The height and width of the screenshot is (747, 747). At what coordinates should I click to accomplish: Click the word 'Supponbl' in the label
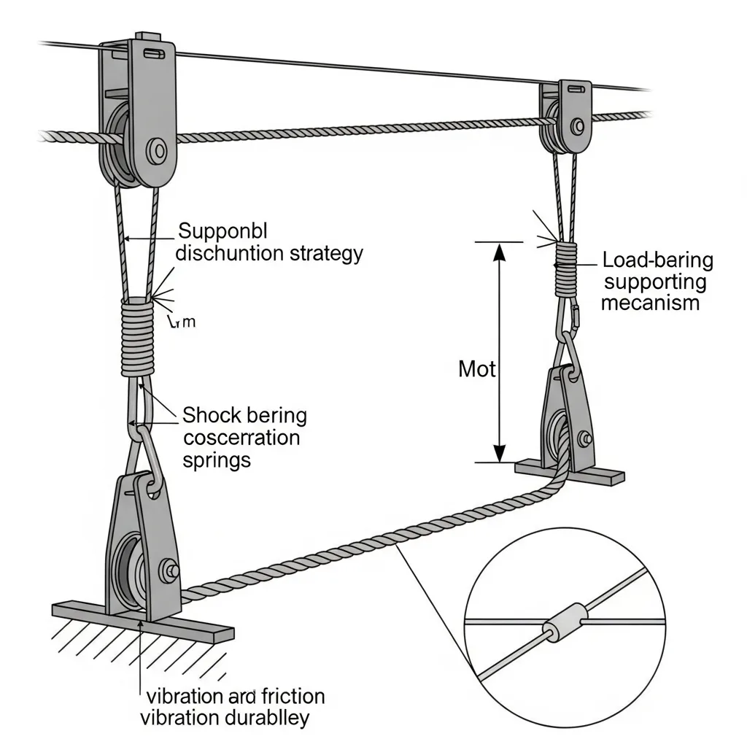point(223,231)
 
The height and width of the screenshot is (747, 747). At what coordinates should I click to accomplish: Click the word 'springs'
point(217,460)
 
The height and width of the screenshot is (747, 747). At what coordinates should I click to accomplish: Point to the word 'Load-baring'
point(658,260)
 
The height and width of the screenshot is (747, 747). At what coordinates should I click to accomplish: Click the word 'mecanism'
point(650,303)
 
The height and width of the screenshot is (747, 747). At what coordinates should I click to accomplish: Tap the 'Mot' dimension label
point(476,369)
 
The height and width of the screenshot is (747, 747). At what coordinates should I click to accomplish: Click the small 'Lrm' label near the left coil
point(182,322)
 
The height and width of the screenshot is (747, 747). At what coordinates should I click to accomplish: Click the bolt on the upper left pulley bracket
point(157,152)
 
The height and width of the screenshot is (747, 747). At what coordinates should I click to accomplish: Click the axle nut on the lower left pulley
point(172,569)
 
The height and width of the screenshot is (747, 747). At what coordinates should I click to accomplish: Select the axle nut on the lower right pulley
point(584,439)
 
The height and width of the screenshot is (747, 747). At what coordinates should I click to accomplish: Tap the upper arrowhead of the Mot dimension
point(499,252)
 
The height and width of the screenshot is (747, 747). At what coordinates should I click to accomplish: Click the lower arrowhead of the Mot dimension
point(499,452)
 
